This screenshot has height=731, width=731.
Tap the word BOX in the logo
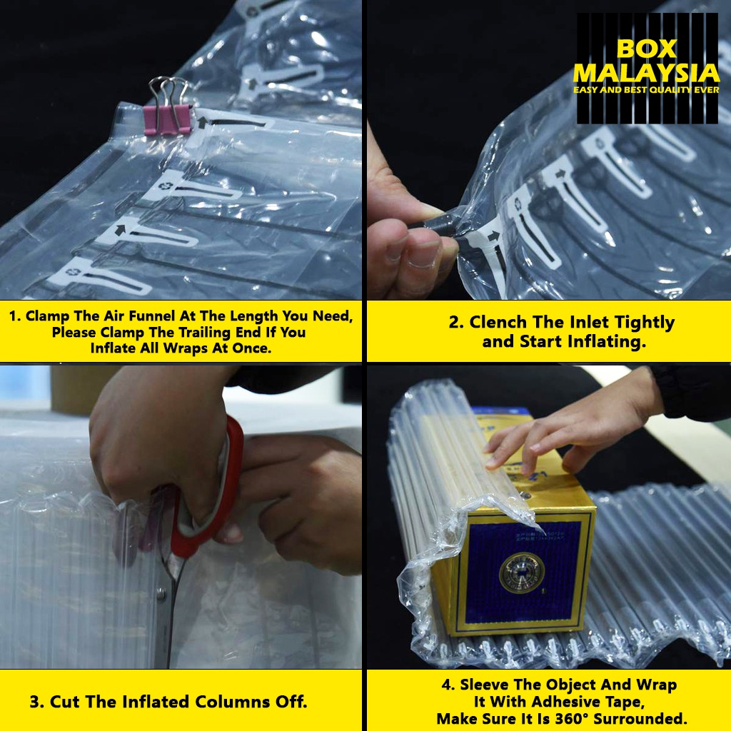coord(646,49)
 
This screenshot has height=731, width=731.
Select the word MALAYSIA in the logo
coord(646,74)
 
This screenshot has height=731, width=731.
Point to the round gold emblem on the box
coord(521,573)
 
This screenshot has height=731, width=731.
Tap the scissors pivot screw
coord(161,594)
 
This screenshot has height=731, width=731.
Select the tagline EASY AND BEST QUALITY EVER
coord(646,89)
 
